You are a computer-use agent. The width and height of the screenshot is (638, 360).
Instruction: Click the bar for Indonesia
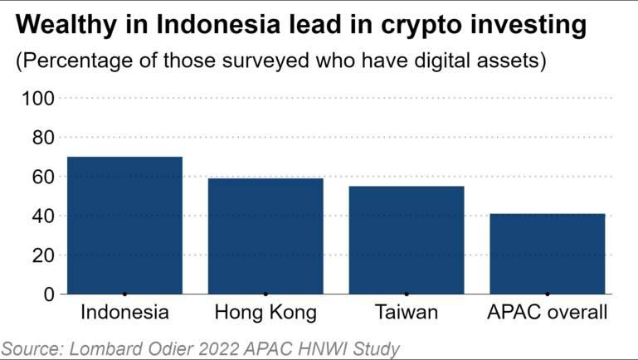[x=124, y=226]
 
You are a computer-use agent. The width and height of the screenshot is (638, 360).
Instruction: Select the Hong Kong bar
[x=265, y=236]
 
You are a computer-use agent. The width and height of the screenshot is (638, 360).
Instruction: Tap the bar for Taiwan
[x=407, y=241]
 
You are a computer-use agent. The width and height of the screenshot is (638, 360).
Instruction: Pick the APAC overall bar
[x=548, y=254]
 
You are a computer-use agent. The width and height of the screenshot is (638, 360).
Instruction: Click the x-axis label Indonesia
[x=124, y=314]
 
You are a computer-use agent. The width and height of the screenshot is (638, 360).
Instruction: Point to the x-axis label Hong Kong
[x=265, y=314]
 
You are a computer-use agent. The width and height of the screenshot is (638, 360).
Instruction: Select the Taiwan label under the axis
[x=407, y=314]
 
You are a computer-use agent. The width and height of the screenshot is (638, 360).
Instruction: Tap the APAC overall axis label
[x=548, y=314]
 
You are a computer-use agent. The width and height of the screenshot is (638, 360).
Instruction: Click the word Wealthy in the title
[x=58, y=27]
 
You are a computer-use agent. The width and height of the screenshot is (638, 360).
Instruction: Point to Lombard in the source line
[x=109, y=348]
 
